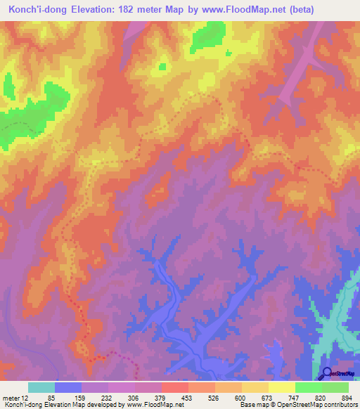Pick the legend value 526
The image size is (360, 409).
212,397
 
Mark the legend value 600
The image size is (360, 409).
238,397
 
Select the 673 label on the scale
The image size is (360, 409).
265,397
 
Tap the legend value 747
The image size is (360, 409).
292,397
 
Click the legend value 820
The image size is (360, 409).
319,397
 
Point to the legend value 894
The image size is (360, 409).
345,397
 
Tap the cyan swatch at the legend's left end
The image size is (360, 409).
41,387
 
